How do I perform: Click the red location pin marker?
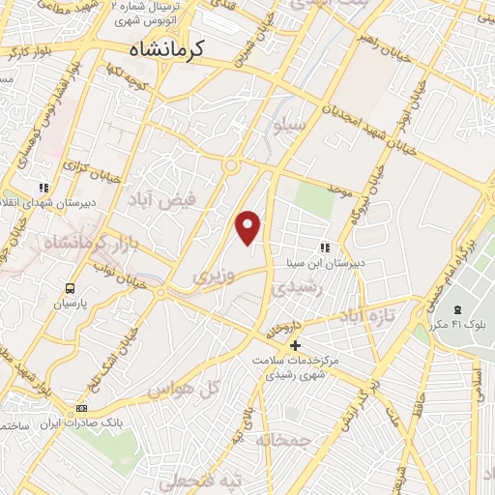[x=248, y=227]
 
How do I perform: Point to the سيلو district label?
[x=290, y=124]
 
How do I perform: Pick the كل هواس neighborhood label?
[x=181, y=388]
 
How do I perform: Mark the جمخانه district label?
[x=281, y=440]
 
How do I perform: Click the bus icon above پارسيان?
[x=70, y=288]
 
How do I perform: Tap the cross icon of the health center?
[x=296, y=345]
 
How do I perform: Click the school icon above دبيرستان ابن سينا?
[x=324, y=247]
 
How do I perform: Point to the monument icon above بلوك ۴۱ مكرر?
[x=459, y=309]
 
